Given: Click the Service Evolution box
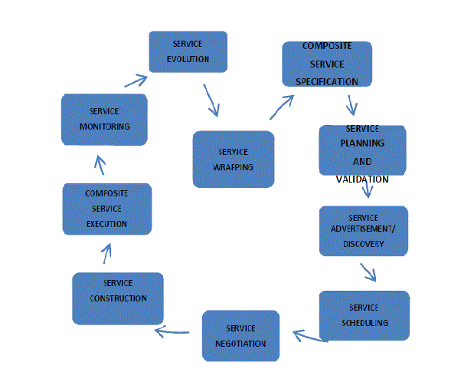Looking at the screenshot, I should click(x=188, y=51).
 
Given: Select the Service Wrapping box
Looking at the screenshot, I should click(x=233, y=159).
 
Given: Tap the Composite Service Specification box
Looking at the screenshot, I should click(x=327, y=64).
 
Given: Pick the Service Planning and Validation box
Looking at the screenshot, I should click(x=362, y=151).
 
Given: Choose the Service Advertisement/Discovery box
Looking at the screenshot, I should click(x=363, y=231).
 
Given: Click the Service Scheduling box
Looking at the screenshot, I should click(x=365, y=314).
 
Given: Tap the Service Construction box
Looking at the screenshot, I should click(x=118, y=298).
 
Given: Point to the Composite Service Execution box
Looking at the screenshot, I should click(x=106, y=209).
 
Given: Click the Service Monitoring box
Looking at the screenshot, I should click(x=104, y=119).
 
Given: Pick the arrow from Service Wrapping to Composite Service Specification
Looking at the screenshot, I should click(x=282, y=107).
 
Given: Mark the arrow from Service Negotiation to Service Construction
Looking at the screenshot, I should click(x=172, y=331).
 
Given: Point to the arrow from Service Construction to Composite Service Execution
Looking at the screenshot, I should click(x=107, y=253).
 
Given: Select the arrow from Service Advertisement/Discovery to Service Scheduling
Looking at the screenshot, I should click(x=368, y=272).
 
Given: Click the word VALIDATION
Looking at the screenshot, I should click(x=362, y=179).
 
